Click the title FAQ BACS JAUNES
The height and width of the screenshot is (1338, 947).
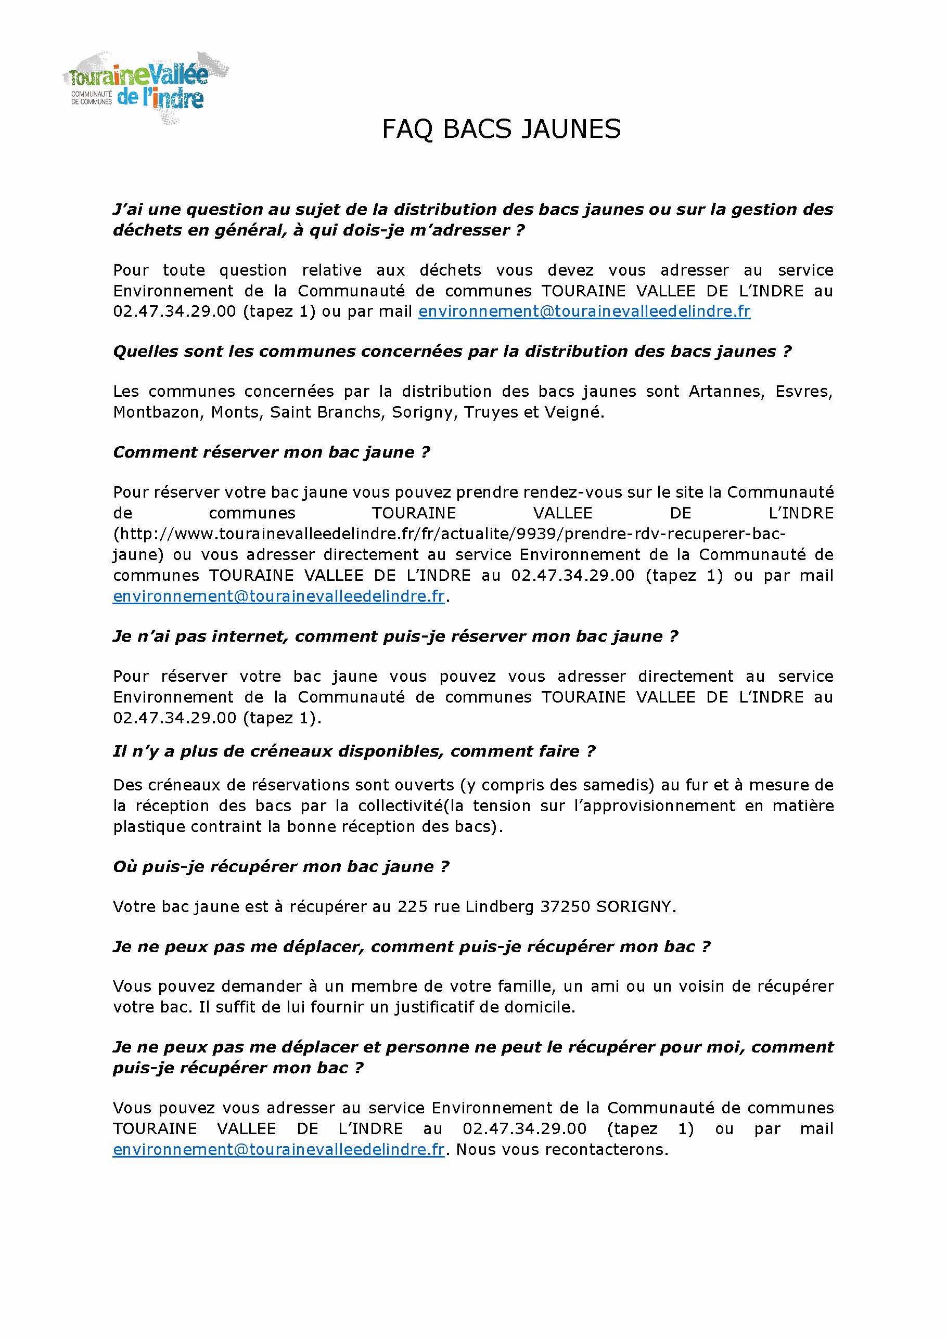click(x=501, y=129)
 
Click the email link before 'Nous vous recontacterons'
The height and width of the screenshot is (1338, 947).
click(x=279, y=1149)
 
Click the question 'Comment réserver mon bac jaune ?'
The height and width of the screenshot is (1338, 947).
click(x=271, y=452)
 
